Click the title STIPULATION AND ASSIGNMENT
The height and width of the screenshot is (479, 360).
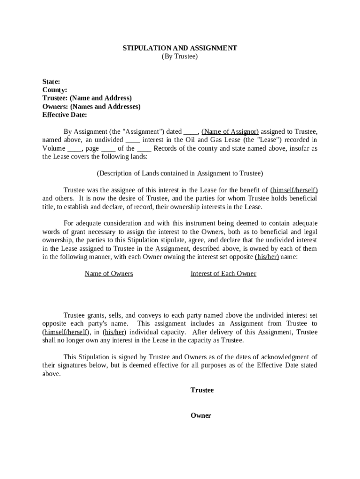click(x=180, y=48)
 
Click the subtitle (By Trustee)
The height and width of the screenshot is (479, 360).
click(x=180, y=57)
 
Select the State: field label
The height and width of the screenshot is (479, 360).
click(x=51, y=81)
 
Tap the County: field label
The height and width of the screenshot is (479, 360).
click(x=55, y=90)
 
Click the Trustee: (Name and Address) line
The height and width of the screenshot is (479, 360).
click(x=87, y=98)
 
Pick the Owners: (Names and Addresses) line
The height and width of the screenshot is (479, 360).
click(x=91, y=107)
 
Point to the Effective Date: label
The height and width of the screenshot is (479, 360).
click(x=65, y=115)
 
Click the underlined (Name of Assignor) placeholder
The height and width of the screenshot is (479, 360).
click(x=230, y=132)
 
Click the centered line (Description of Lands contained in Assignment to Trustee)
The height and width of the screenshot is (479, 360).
click(x=180, y=174)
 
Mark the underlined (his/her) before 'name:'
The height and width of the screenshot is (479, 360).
click(x=266, y=257)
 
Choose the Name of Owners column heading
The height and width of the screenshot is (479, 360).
click(x=108, y=274)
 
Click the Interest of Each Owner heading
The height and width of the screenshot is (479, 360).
click(x=223, y=274)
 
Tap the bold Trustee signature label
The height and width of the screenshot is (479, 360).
click(x=202, y=390)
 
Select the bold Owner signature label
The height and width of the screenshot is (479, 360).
click(x=201, y=415)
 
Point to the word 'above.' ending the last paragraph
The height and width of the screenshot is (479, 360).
click(x=51, y=374)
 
